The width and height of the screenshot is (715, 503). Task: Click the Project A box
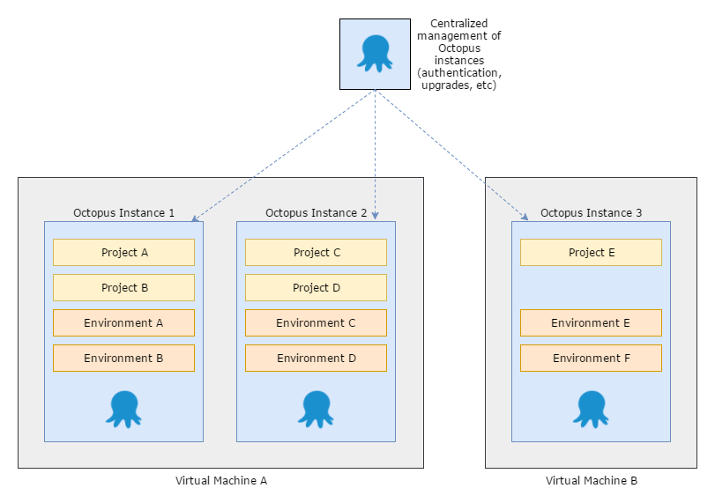click(123, 253)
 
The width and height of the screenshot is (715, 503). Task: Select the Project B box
click(123, 288)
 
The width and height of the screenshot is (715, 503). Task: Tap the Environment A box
click(123, 323)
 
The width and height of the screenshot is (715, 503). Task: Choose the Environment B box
click(123, 359)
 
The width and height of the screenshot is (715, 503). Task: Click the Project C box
click(316, 253)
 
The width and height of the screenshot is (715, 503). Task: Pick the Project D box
click(316, 288)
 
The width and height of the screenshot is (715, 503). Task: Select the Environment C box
click(316, 323)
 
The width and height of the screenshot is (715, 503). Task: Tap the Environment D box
click(316, 359)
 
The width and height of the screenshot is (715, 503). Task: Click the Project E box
click(591, 253)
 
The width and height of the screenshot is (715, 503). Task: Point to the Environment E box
click(591, 323)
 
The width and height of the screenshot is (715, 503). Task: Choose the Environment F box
click(591, 359)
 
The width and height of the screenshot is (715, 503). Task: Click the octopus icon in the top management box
click(375, 54)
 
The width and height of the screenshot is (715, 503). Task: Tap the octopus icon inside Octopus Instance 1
click(123, 409)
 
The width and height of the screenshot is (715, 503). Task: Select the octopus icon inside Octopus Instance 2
click(316, 409)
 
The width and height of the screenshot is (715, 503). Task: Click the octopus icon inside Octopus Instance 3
click(591, 409)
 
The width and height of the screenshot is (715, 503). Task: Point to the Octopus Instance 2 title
click(316, 213)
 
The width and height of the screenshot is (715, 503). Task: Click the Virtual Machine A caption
click(220, 481)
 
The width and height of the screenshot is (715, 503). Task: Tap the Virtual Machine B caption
click(591, 481)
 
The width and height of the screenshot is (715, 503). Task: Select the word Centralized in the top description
click(458, 23)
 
